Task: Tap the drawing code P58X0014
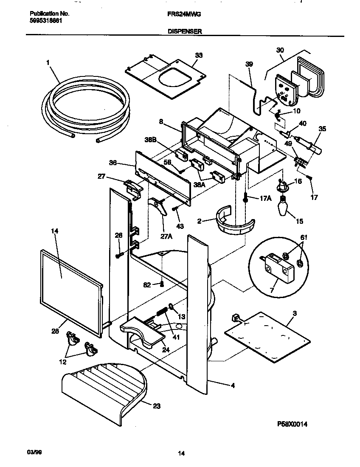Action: [x=292, y=424]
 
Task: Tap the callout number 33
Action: [x=199, y=55]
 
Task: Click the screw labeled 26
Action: [x=119, y=255]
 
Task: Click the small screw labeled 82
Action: [x=161, y=284]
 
